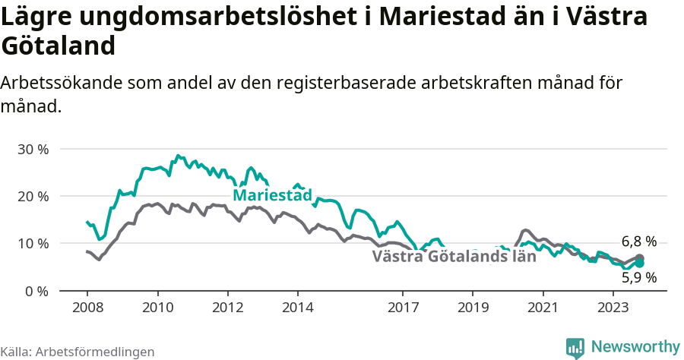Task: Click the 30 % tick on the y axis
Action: click(x=33, y=149)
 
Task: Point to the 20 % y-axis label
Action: click(x=33, y=196)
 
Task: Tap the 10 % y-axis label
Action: click(x=33, y=244)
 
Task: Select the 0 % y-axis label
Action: click(x=36, y=291)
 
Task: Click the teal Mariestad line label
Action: click(x=272, y=196)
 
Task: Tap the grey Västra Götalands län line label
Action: click(x=454, y=256)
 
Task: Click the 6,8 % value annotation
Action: click(x=638, y=242)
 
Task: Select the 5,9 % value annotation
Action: click(x=638, y=278)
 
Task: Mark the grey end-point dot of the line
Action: click(x=639, y=258)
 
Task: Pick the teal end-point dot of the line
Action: click(x=639, y=263)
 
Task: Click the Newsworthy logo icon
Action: click(x=575, y=347)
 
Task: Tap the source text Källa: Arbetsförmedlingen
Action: click(x=78, y=352)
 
